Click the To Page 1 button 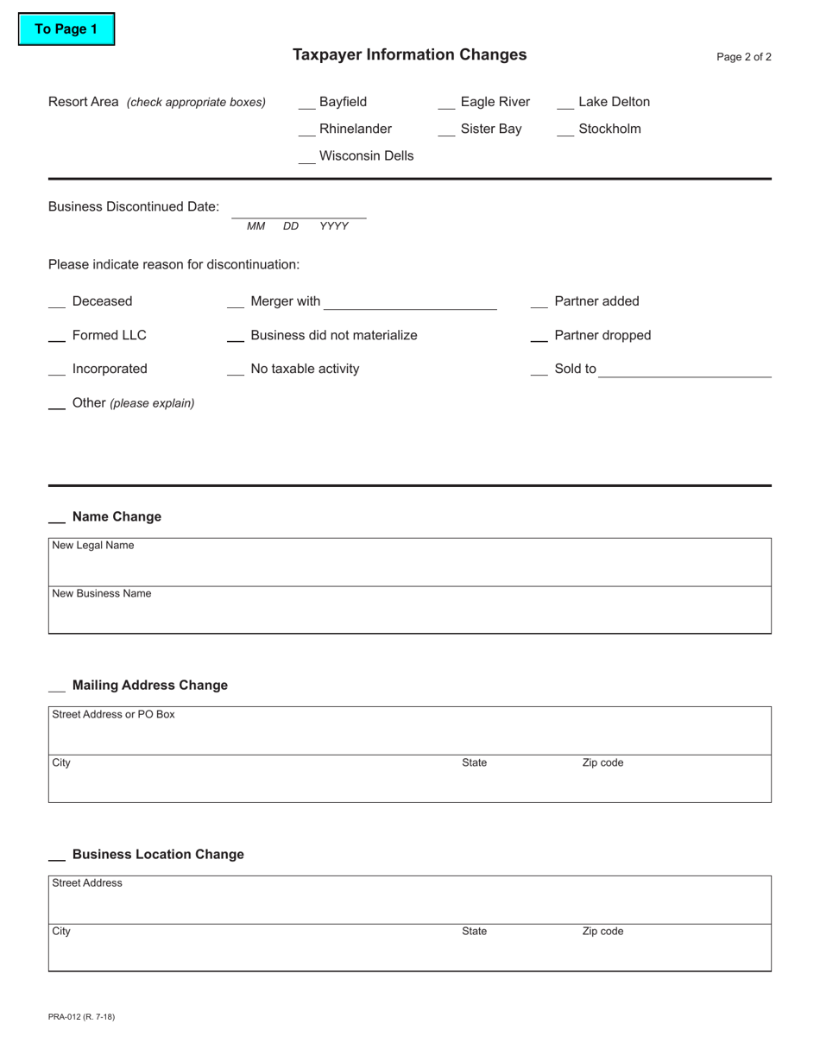66,29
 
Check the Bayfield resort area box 306,104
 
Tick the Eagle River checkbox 446,104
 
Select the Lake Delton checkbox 565,104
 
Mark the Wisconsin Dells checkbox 306,158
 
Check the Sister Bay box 446,130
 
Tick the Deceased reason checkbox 57,303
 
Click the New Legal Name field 410,566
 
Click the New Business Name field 410,615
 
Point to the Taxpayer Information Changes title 410,55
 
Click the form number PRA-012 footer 82,1016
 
